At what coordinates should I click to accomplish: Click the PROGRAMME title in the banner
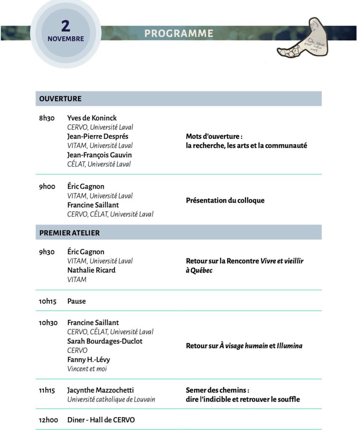coord(179,34)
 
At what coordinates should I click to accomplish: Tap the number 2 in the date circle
coord(65,26)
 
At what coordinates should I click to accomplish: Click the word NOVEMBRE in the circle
coord(65,39)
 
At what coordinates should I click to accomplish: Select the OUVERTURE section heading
coord(60,99)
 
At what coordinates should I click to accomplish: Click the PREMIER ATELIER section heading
coord(70,232)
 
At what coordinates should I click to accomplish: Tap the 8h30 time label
coord(47,118)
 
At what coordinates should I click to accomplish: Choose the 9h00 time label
coord(47,186)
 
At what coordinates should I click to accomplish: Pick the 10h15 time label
coord(47,301)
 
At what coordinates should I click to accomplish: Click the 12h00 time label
coord(48,420)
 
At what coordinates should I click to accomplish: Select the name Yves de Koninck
coord(92,118)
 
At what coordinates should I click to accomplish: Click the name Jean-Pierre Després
coord(98,136)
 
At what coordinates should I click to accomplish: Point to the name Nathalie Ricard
coord(91,270)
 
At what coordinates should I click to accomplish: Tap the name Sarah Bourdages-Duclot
coord(104,341)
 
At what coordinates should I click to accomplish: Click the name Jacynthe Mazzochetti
coord(100,390)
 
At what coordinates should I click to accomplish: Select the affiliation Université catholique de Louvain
coord(111,399)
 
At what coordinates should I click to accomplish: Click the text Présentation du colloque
coord(225,200)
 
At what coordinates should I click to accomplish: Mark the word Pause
coord(76,301)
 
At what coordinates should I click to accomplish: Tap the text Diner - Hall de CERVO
coord(101,420)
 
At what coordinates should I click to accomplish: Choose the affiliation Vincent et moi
coord(87,369)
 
